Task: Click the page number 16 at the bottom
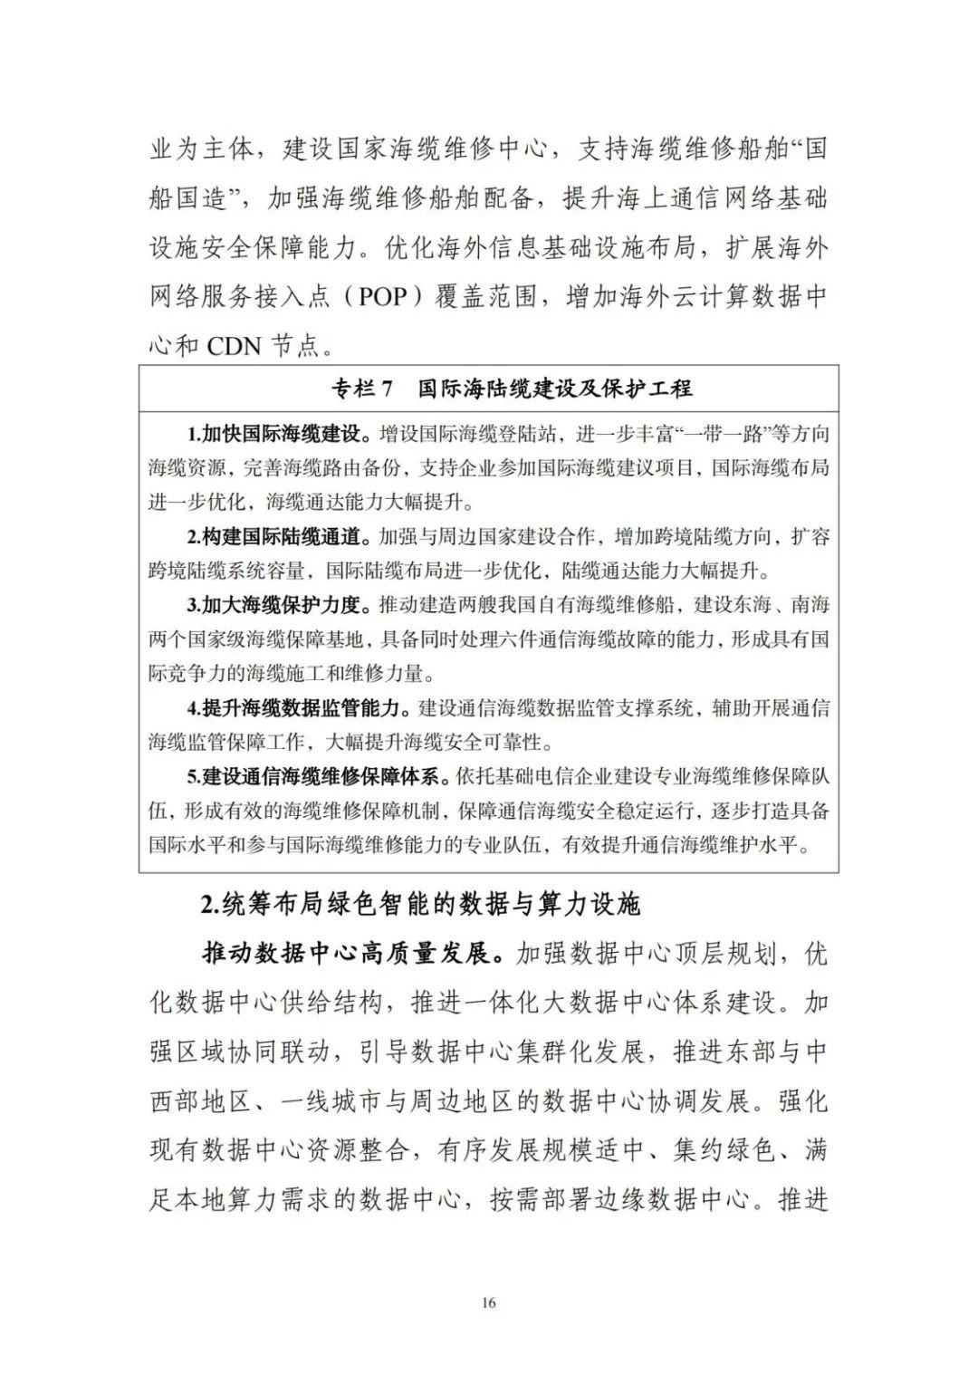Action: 489,1302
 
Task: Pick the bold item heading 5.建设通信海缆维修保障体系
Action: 312,776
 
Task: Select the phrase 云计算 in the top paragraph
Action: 686,297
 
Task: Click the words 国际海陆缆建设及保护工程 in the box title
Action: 555,389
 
